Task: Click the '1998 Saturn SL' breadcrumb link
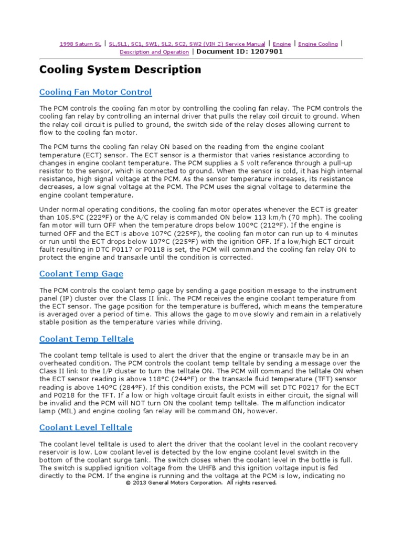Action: tap(80, 45)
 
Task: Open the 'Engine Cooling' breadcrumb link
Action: tap(318, 45)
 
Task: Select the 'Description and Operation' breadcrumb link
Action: tap(154, 52)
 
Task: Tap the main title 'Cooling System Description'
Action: tap(120, 70)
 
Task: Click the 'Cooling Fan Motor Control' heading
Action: tap(96, 92)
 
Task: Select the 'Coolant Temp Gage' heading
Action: tap(81, 274)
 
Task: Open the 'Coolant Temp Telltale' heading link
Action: tap(87, 339)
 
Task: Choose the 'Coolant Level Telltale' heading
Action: tap(86, 427)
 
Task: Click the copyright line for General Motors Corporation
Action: tap(201, 483)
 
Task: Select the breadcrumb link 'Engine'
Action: tap(282, 45)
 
